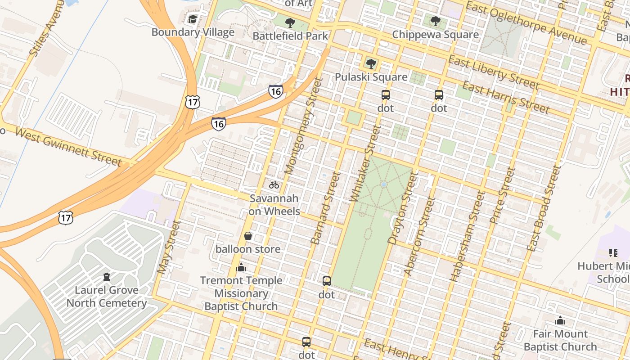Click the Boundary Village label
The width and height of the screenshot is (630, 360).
(x=193, y=32)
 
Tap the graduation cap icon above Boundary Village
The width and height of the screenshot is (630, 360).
(x=193, y=19)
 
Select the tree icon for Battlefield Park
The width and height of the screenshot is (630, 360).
(x=290, y=22)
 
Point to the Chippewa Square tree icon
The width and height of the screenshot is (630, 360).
(x=435, y=21)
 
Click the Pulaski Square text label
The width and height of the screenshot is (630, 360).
(x=371, y=77)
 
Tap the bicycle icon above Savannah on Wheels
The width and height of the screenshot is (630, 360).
(x=274, y=185)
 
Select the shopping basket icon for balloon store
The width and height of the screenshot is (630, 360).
(x=247, y=236)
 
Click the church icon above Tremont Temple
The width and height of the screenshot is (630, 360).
(x=241, y=268)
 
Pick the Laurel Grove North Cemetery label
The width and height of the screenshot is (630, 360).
(x=107, y=297)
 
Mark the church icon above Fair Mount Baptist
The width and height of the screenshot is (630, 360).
(x=560, y=321)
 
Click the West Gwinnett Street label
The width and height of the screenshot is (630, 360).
(x=68, y=147)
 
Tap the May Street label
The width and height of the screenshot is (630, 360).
(x=168, y=247)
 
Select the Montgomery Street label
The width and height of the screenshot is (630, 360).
(x=305, y=126)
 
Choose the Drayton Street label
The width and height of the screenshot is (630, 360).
(x=400, y=208)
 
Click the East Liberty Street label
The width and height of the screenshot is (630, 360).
(x=493, y=72)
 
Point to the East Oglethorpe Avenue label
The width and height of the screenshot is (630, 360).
(x=526, y=23)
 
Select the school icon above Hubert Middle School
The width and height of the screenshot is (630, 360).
(x=613, y=253)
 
